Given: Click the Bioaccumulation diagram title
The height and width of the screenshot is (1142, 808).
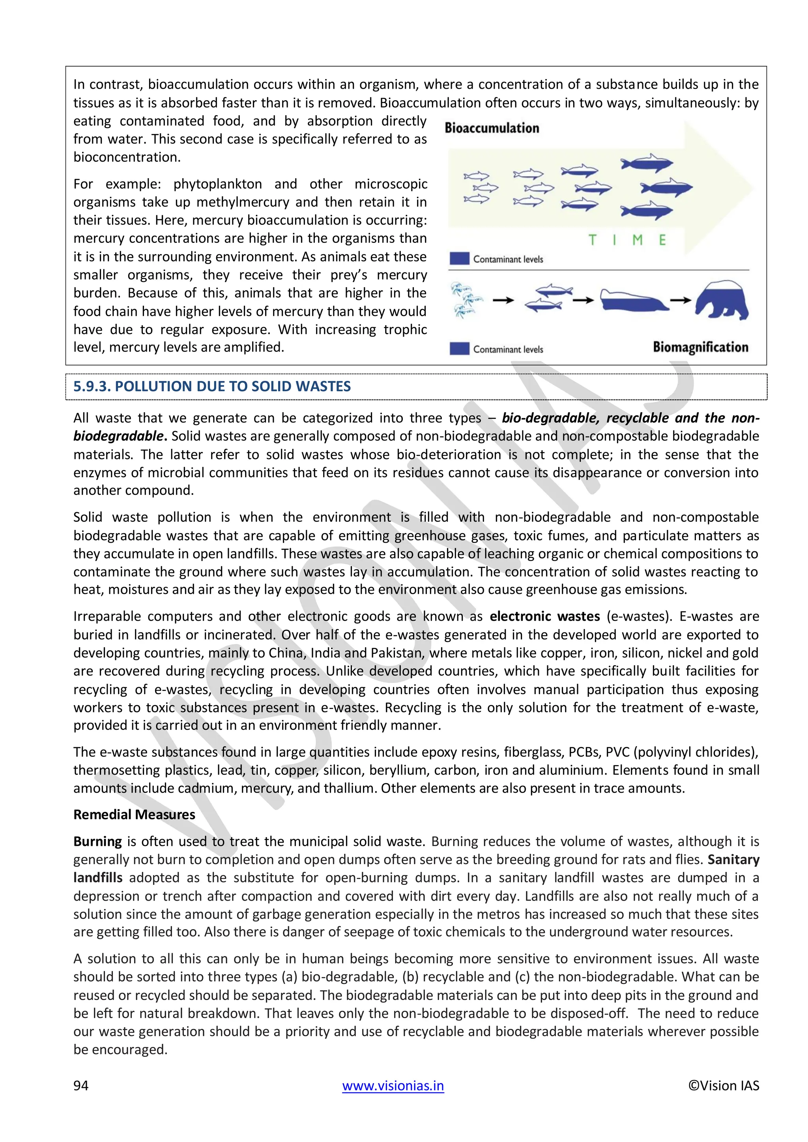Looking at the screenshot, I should pyautogui.click(x=492, y=128).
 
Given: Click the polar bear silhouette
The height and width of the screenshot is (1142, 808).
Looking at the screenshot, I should pyautogui.click(x=722, y=300).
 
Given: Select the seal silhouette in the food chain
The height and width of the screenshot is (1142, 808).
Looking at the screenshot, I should pyautogui.click(x=631, y=300).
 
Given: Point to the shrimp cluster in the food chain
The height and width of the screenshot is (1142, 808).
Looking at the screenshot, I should pyautogui.click(x=466, y=300).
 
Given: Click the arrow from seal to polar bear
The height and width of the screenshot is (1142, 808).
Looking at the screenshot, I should pyautogui.click(x=680, y=300).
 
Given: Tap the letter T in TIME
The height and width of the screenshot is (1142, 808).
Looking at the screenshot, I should pyautogui.click(x=592, y=240).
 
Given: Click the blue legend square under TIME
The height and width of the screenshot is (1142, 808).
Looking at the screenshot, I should pyautogui.click(x=459, y=259).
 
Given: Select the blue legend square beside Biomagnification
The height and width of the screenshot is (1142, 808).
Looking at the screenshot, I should pyautogui.click(x=459, y=349).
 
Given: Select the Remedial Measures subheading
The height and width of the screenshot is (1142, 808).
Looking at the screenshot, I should pyautogui.click(x=134, y=814).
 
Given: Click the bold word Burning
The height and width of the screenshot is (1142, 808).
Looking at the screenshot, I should pyautogui.click(x=97, y=841).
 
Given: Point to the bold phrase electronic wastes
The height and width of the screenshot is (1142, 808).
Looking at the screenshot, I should pyautogui.click(x=544, y=616).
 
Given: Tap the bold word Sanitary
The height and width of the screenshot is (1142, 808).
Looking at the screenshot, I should pyautogui.click(x=733, y=860).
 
